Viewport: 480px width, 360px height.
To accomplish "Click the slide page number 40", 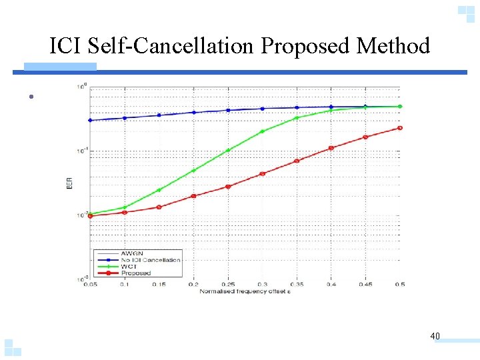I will (435, 336).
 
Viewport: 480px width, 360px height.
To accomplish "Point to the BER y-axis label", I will (70, 183).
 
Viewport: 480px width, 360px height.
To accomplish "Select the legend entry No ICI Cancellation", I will (150, 260).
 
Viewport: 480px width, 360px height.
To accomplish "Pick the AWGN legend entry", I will (131, 253).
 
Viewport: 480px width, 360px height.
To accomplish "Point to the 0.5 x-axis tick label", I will (400, 285).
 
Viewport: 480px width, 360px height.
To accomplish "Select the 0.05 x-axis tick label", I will (90, 285).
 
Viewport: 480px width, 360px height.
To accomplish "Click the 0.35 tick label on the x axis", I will (297, 285).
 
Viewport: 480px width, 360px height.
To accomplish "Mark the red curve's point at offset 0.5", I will (399, 128).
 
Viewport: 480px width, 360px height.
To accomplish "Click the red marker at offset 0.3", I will (262, 174).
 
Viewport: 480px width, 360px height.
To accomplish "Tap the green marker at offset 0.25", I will (228, 150).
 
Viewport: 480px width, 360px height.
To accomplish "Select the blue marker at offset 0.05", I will (90, 121).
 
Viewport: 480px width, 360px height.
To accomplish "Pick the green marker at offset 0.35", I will (297, 118).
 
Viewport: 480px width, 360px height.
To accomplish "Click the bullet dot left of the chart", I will (31, 97).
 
